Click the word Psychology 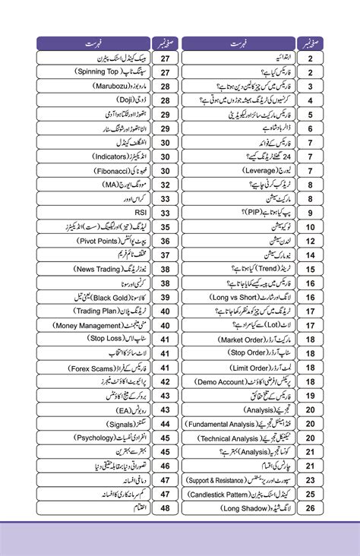[x=78, y=438]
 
